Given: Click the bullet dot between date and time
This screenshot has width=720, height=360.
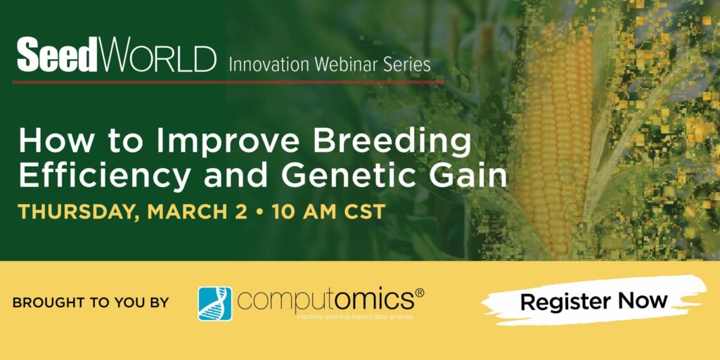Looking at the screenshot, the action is pos(260,212).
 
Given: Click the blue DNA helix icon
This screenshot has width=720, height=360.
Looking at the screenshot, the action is pos(215,304).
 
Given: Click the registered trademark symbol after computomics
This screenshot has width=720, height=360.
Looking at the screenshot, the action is pos(419,293).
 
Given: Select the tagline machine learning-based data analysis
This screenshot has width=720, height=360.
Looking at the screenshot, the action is pos(355,317).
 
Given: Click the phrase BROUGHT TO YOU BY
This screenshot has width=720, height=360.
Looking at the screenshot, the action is pos(91,302).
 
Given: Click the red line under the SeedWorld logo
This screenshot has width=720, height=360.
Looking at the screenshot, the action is pos(229,82).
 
